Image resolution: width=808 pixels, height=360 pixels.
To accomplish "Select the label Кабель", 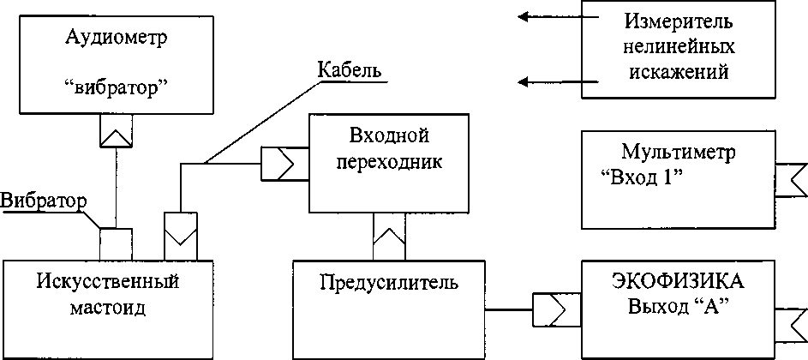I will (349, 69).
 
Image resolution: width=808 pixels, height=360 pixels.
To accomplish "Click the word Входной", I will (389, 136).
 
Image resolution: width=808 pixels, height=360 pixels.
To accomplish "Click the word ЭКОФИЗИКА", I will (678, 281).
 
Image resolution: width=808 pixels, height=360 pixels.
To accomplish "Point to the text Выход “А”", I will (678, 306).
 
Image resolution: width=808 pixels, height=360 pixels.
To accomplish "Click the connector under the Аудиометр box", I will (114, 130).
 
